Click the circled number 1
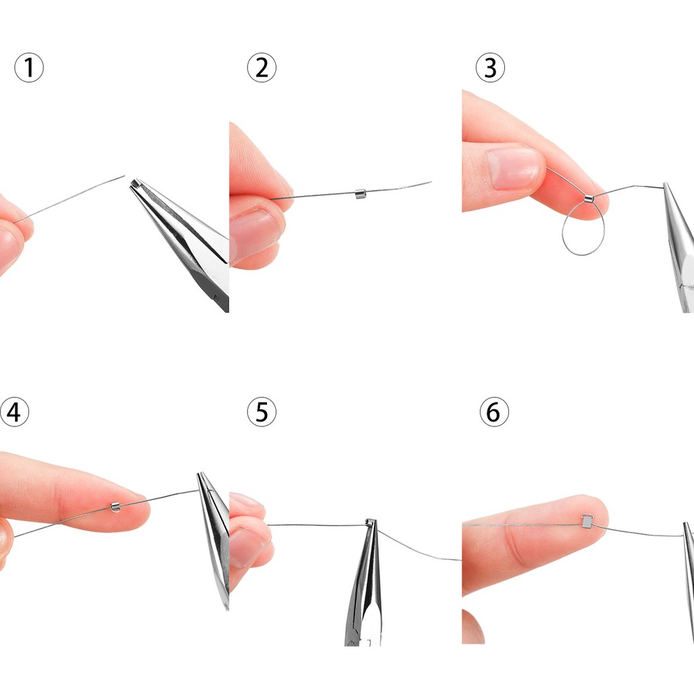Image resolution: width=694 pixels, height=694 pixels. (29, 68)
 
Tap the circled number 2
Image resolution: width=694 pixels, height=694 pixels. (262, 68)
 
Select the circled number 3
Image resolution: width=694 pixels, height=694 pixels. (491, 68)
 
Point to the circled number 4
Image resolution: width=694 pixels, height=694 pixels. (14, 412)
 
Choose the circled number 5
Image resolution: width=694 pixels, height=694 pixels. (262, 412)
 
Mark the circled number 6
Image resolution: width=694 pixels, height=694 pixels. (494, 412)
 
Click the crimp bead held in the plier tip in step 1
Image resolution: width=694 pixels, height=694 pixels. (135, 184)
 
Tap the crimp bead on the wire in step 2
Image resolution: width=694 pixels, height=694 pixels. (361, 193)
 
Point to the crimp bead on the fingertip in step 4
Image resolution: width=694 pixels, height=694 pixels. (115, 506)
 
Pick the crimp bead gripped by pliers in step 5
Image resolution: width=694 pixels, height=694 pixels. (369, 523)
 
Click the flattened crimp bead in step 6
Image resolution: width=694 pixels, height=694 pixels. (587, 521)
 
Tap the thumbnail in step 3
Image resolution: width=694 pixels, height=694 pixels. (514, 169)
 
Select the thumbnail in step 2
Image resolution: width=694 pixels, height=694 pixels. (254, 230)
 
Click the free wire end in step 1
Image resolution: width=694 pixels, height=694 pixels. (125, 176)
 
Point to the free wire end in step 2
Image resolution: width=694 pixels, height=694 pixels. (430, 182)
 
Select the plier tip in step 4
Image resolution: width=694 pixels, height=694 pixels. (200, 476)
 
